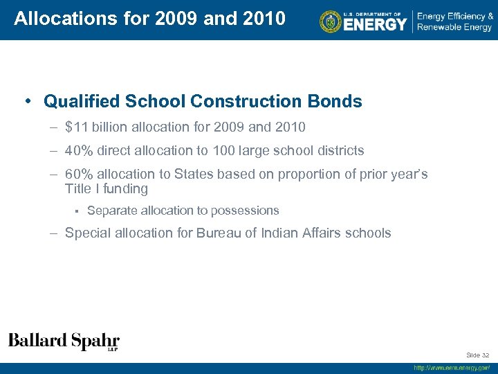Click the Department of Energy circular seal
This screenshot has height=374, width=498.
[x=331, y=21]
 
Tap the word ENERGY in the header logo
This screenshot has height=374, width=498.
[x=376, y=25]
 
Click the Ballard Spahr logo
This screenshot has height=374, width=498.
[x=64, y=341]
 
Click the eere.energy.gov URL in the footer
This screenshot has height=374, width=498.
[x=452, y=368]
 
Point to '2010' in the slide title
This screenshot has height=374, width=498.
[x=264, y=19]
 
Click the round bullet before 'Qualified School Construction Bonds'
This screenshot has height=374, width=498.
[x=28, y=102]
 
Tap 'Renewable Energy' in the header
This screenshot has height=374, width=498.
[x=454, y=28]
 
